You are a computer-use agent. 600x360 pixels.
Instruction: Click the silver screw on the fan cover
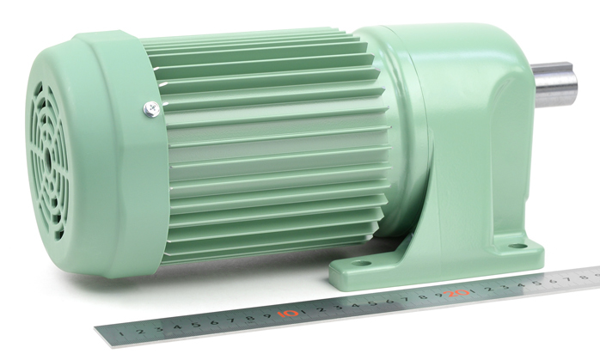pyautogui.click(x=151, y=109)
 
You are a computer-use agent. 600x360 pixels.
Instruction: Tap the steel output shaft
pyautogui.click(x=555, y=84)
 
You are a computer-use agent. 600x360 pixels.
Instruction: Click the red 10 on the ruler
pyautogui.click(x=287, y=314)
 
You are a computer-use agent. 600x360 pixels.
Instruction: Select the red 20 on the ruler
pyautogui.click(x=456, y=294)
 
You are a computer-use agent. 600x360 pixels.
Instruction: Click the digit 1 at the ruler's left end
pyautogui.click(x=122, y=333)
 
